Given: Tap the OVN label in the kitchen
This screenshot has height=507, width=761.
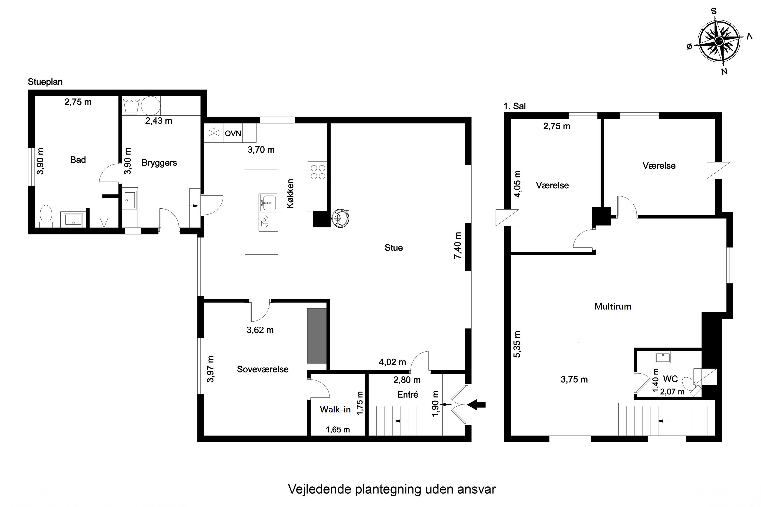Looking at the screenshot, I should coord(233,133).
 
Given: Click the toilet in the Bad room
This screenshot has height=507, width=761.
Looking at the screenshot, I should coord(46,215).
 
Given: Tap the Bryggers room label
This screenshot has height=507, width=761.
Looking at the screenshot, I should coord(159,163).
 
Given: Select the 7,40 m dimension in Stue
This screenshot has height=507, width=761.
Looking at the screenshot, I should coord(458,245).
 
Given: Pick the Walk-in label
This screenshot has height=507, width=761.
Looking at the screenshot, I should coord(335,409).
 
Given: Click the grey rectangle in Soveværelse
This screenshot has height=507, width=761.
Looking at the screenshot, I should coord(317,336).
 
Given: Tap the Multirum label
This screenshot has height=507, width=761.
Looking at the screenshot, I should coord(613,306).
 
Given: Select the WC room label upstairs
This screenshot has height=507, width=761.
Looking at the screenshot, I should coord(670,379).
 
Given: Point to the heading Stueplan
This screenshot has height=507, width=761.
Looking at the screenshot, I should coord(45,82).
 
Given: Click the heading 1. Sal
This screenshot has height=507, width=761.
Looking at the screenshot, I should coord(514,106).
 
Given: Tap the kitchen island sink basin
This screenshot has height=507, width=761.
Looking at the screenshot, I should coord(268,202).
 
